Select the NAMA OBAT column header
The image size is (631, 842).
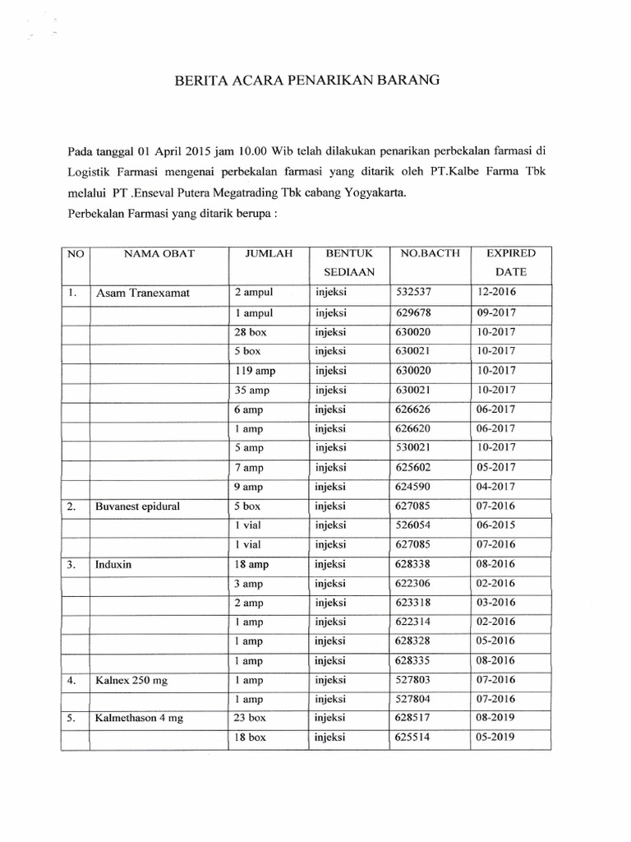click(x=159, y=254)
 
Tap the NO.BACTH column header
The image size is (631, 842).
click(x=421, y=254)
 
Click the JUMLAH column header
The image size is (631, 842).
click(x=269, y=254)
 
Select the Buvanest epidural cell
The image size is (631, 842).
click(x=138, y=507)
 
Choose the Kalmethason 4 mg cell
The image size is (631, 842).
click(x=139, y=718)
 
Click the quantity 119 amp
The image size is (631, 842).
click(x=255, y=371)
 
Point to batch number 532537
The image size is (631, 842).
click(x=413, y=292)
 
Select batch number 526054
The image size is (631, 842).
click(x=413, y=525)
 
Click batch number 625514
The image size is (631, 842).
click(x=413, y=737)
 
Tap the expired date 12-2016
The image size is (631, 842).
click(x=495, y=292)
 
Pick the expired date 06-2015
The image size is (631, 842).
click(x=495, y=525)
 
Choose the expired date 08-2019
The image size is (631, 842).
click(x=495, y=718)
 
